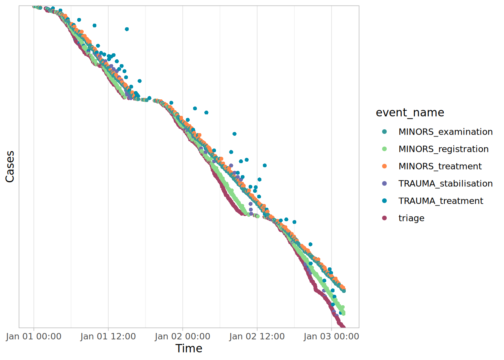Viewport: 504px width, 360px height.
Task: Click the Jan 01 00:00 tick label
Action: pyautogui.click(x=34, y=336)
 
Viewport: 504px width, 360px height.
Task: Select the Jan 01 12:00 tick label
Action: pyautogui.click(x=108, y=336)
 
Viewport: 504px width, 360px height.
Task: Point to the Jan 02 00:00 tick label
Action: pyautogui.click(x=182, y=336)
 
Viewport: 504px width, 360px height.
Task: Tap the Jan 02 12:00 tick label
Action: pyautogui.click(x=257, y=336)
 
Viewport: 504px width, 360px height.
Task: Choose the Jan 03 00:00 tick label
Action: pyautogui.click(x=331, y=336)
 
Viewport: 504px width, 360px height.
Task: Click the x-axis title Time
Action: pyautogui.click(x=189, y=348)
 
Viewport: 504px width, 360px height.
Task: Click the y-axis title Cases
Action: pyautogui.click(x=10, y=166)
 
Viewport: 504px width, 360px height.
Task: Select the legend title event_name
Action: pyautogui.click(x=410, y=112)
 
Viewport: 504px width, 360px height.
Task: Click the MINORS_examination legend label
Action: pyautogui.click(x=445, y=132)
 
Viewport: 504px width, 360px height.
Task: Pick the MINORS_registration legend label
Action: pyautogui.click(x=444, y=149)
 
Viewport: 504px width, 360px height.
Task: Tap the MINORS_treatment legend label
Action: pyautogui.click(x=440, y=166)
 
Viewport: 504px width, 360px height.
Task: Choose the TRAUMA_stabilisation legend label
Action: pyautogui.click(x=445, y=183)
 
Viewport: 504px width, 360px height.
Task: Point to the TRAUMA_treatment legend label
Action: pyautogui.click(x=441, y=201)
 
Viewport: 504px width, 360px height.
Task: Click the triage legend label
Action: pyautogui.click(x=411, y=218)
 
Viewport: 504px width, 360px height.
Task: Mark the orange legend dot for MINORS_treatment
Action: pyautogui.click(x=384, y=166)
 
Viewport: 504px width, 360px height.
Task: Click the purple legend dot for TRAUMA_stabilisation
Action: pyautogui.click(x=384, y=183)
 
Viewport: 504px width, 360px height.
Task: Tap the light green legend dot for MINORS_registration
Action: pyautogui.click(x=384, y=149)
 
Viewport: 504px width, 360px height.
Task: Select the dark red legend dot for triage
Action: pyautogui.click(x=384, y=218)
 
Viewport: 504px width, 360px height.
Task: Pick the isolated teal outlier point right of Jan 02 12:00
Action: pyautogui.click(x=265, y=165)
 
